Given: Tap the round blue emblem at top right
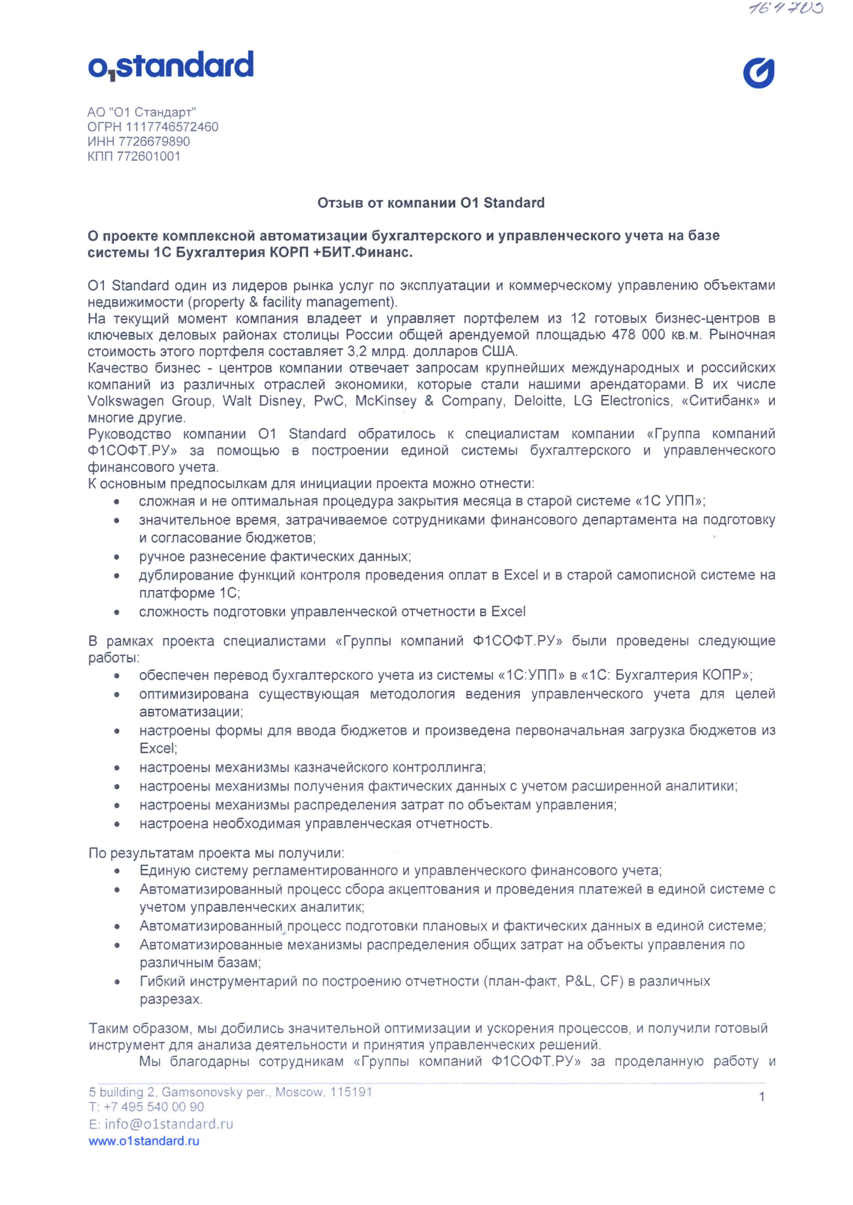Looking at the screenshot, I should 758,73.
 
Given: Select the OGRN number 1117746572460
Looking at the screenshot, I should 172,126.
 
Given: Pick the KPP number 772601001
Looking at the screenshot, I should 149,156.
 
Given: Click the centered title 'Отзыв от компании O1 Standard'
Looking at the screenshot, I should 431,203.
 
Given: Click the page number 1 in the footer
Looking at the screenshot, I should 762,1097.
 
